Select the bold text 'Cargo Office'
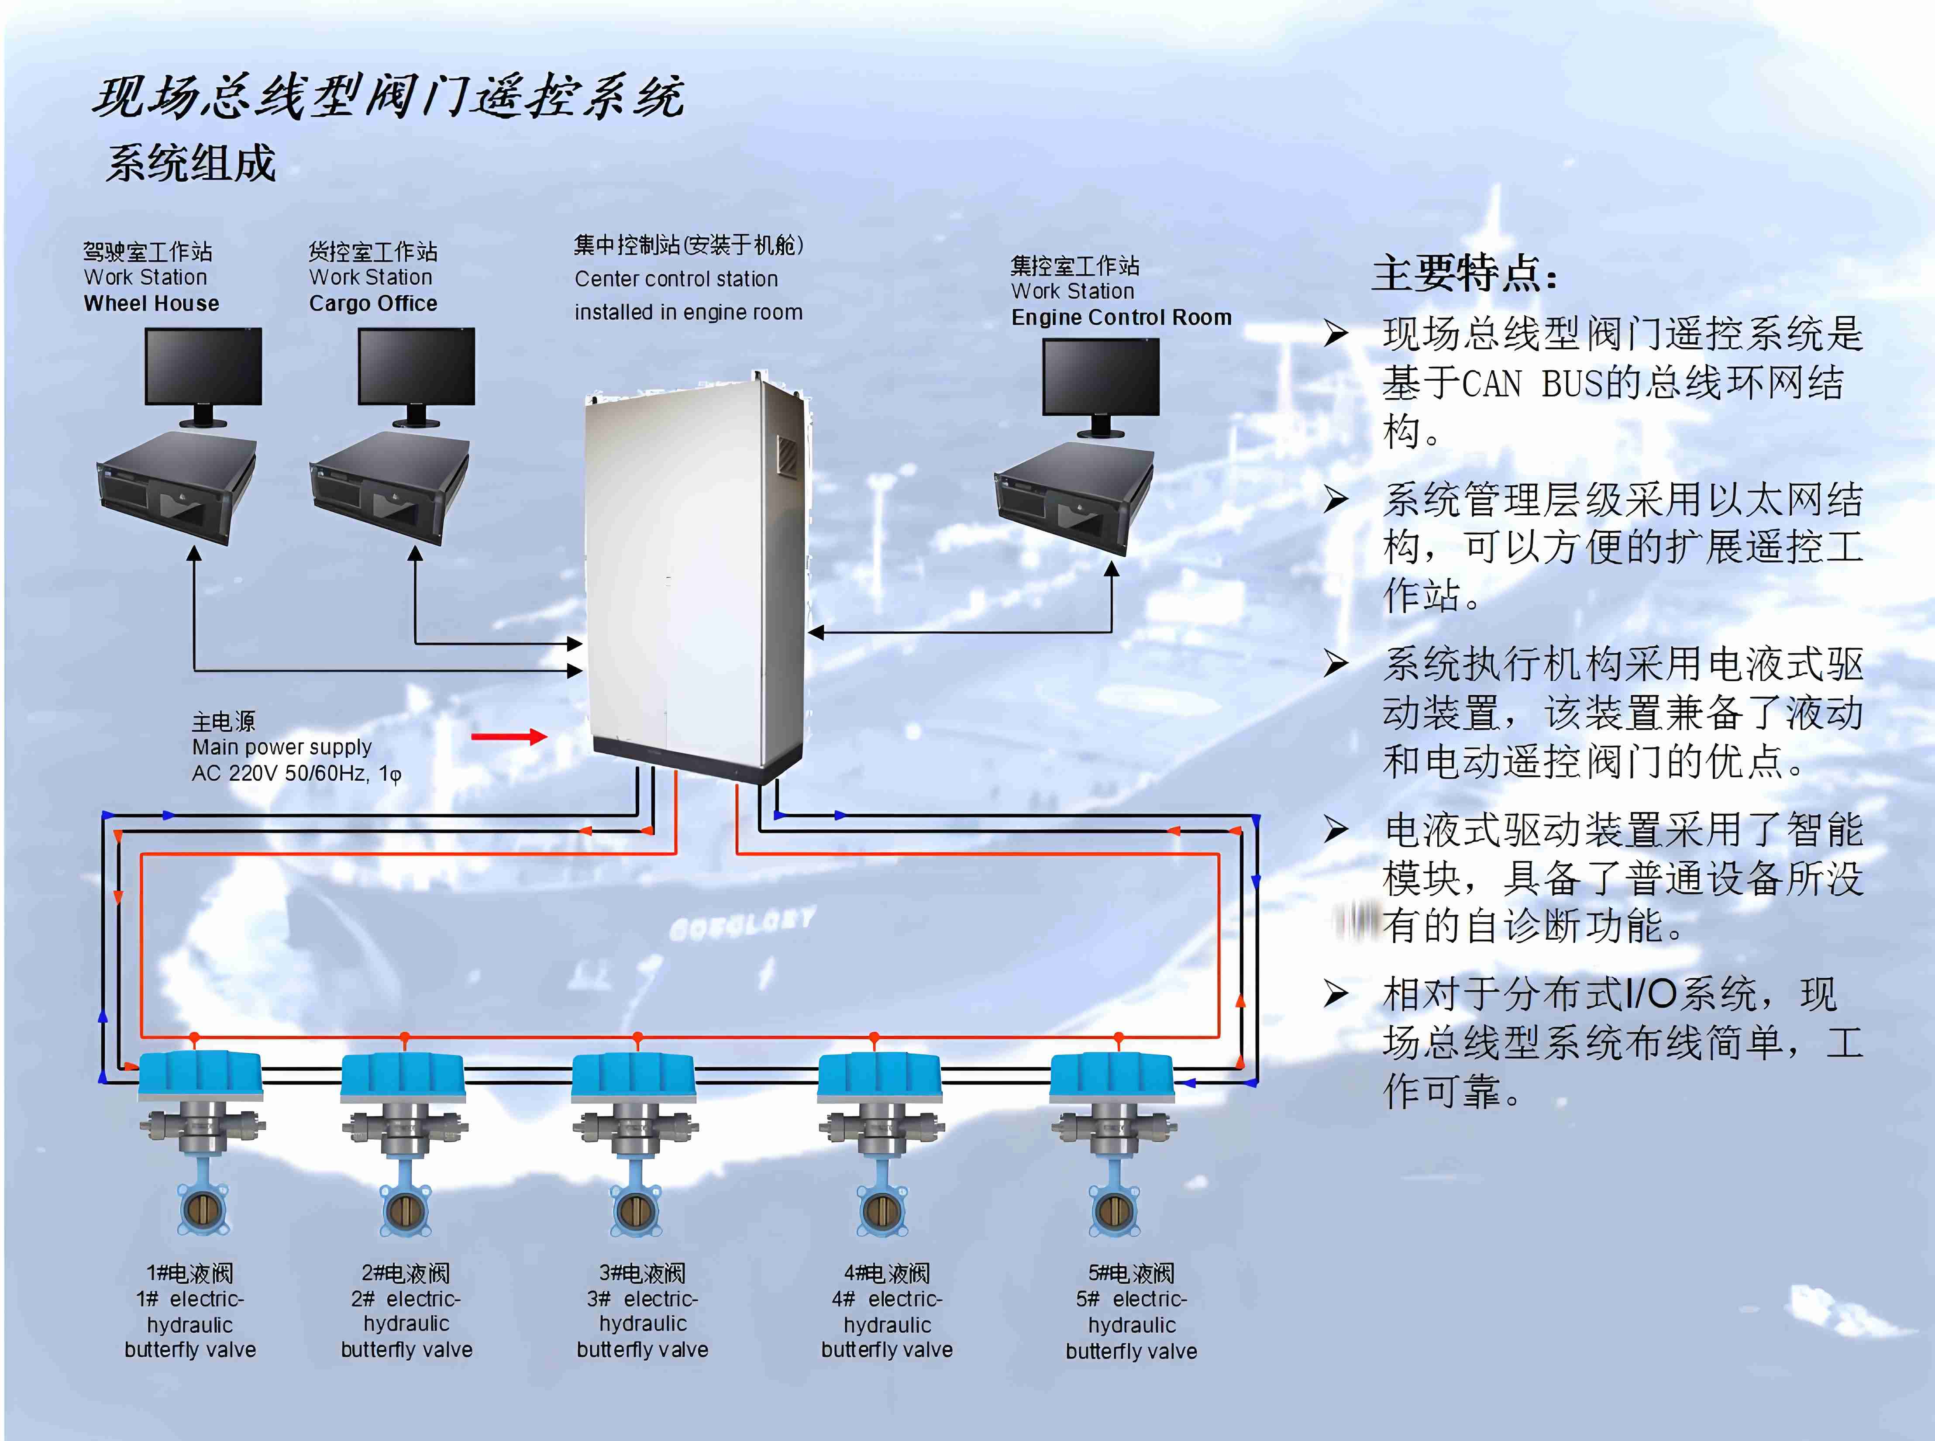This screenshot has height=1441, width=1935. point(373,303)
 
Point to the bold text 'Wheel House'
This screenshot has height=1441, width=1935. point(152,303)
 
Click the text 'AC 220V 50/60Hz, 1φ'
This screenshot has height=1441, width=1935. point(296,774)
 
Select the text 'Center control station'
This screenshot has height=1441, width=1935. point(676,279)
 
